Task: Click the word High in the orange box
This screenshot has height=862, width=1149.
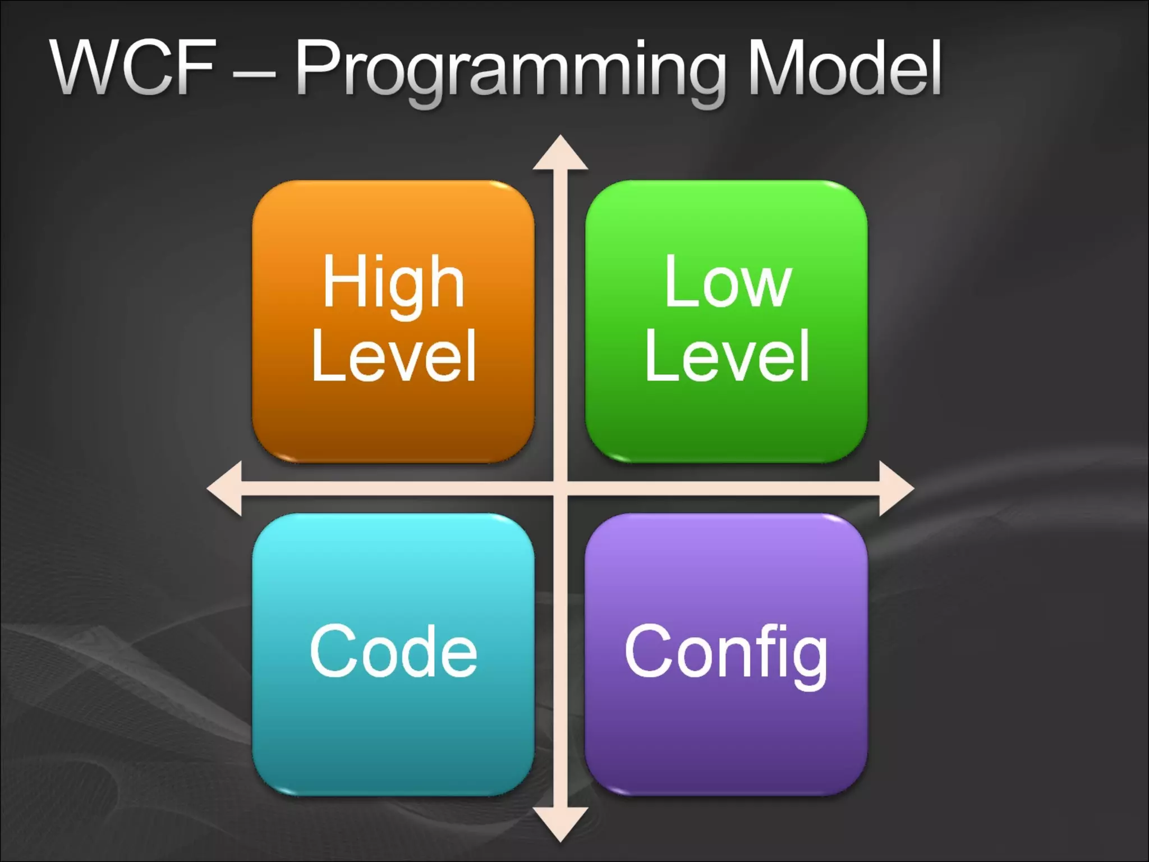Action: click(393, 282)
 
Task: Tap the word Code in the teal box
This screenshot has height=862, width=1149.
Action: click(393, 651)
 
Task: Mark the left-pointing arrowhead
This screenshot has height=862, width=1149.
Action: click(225, 488)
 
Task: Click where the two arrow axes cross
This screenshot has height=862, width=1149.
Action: click(560, 488)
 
